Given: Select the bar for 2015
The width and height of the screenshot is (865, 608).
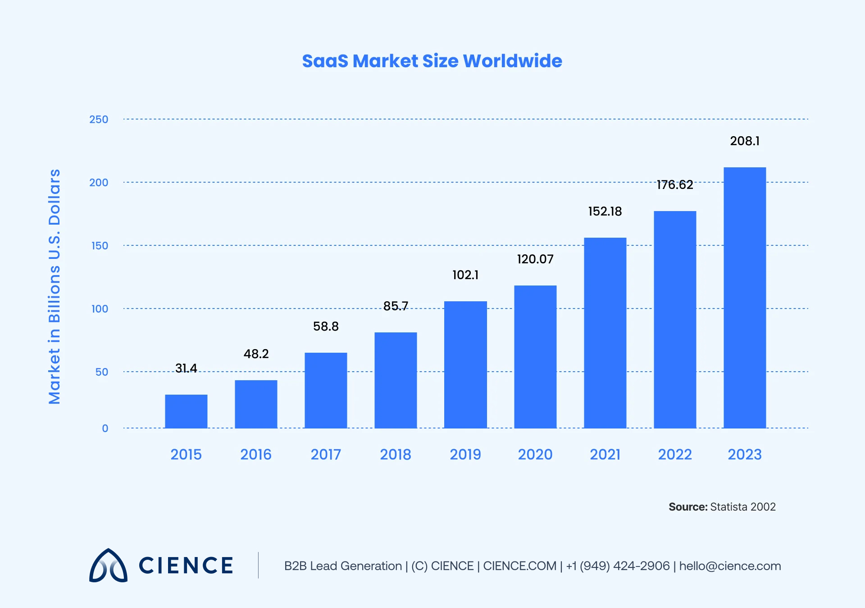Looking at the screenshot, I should click(186, 411).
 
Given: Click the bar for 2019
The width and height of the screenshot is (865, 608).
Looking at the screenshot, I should click(465, 364).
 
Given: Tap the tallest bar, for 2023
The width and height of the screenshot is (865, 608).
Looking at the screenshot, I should click(745, 298).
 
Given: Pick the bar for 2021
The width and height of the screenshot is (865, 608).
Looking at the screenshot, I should click(605, 333).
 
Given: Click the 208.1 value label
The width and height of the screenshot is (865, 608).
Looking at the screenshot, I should click(745, 141).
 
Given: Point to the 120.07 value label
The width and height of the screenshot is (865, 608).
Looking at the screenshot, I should click(535, 259).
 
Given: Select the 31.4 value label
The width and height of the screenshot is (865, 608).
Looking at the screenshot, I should click(186, 368).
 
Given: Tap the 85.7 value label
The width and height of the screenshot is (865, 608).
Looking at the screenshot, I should click(396, 306).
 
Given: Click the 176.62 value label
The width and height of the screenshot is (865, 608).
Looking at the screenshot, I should click(674, 185).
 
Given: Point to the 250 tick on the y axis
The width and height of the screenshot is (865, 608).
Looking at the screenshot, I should click(99, 120).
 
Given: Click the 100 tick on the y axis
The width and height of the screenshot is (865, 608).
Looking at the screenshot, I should click(100, 309).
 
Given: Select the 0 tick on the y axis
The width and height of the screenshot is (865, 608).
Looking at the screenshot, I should click(105, 428).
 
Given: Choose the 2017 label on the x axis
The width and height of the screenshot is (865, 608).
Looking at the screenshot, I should click(326, 454).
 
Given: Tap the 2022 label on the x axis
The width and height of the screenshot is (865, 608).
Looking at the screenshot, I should click(674, 454).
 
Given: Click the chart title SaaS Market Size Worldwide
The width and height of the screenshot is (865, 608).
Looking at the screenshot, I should click(432, 61).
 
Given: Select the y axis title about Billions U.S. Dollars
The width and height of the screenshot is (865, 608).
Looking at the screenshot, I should click(54, 286).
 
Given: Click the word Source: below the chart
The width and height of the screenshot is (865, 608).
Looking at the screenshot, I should click(688, 507).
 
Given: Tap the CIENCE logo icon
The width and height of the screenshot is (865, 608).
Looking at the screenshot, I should click(108, 566).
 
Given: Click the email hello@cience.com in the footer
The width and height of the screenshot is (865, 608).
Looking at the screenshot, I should click(730, 566).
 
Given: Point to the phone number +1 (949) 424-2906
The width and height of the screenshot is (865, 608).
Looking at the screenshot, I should click(618, 566).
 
